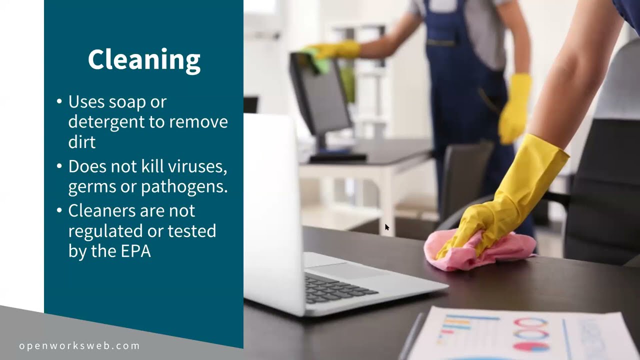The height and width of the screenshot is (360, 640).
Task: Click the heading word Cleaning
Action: click(x=144, y=60)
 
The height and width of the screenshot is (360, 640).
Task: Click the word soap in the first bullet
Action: click(x=124, y=102)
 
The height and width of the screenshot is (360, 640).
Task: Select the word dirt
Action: click(x=81, y=142)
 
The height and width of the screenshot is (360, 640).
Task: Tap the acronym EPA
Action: click(x=136, y=251)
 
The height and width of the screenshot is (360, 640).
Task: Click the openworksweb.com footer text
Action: click(x=79, y=345)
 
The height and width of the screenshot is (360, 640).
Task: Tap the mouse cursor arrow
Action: click(x=386, y=227)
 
